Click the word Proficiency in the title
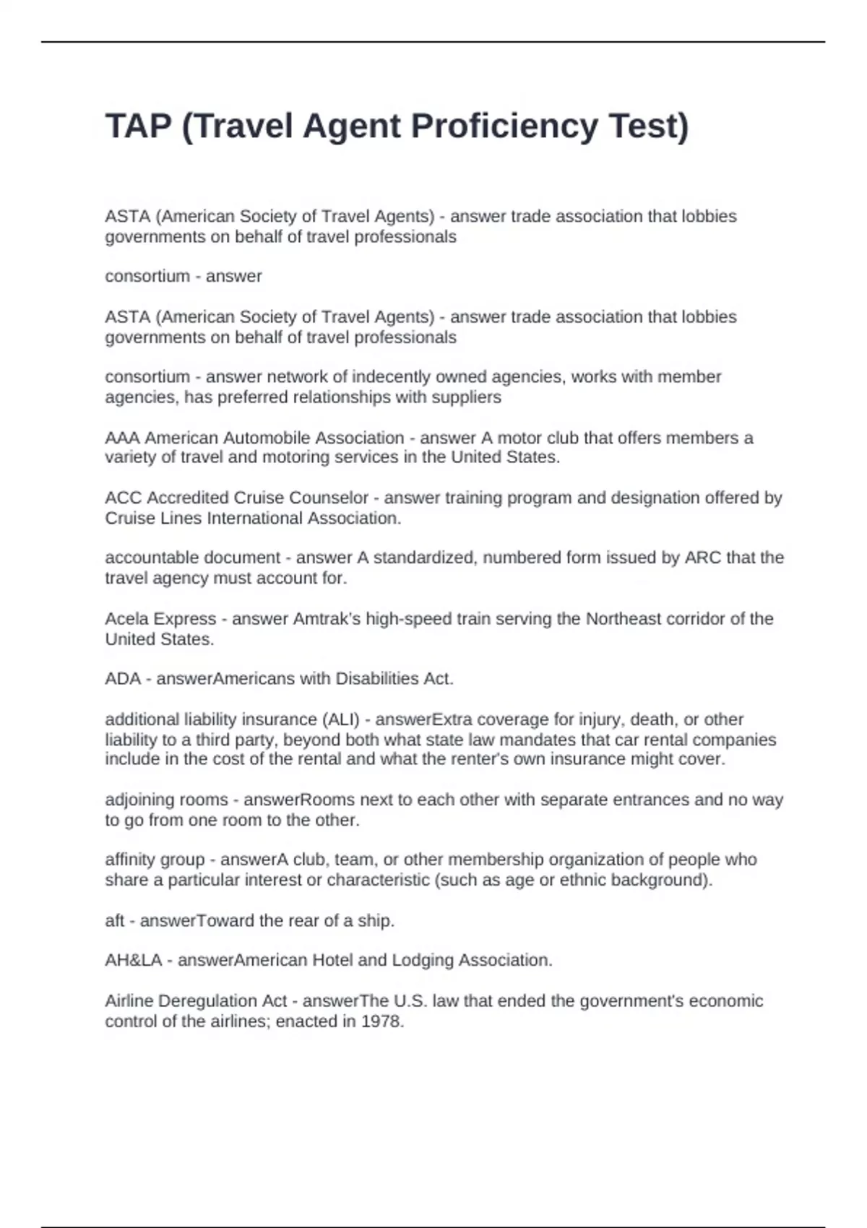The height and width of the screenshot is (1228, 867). click(x=504, y=126)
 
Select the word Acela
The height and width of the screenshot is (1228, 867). click(x=126, y=619)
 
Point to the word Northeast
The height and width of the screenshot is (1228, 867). click(x=619, y=619)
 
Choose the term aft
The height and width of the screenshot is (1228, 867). click(x=114, y=921)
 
